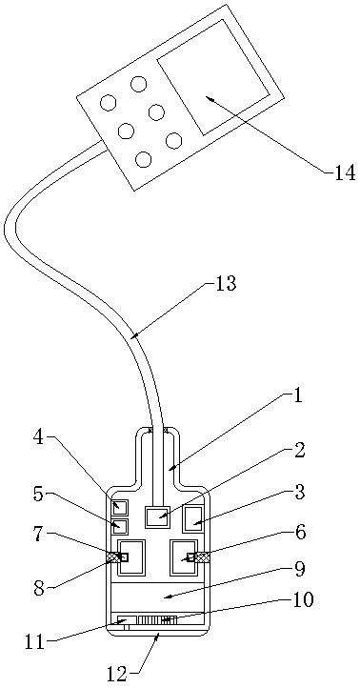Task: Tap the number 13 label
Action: [x=225, y=283]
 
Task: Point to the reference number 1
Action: [x=297, y=396]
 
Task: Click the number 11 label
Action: [x=35, y=643]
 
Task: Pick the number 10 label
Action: [x=303, y=599]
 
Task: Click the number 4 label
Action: [x=39, y=438]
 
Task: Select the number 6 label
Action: [x=300, y=533]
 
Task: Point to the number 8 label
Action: [x=40, y=589]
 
